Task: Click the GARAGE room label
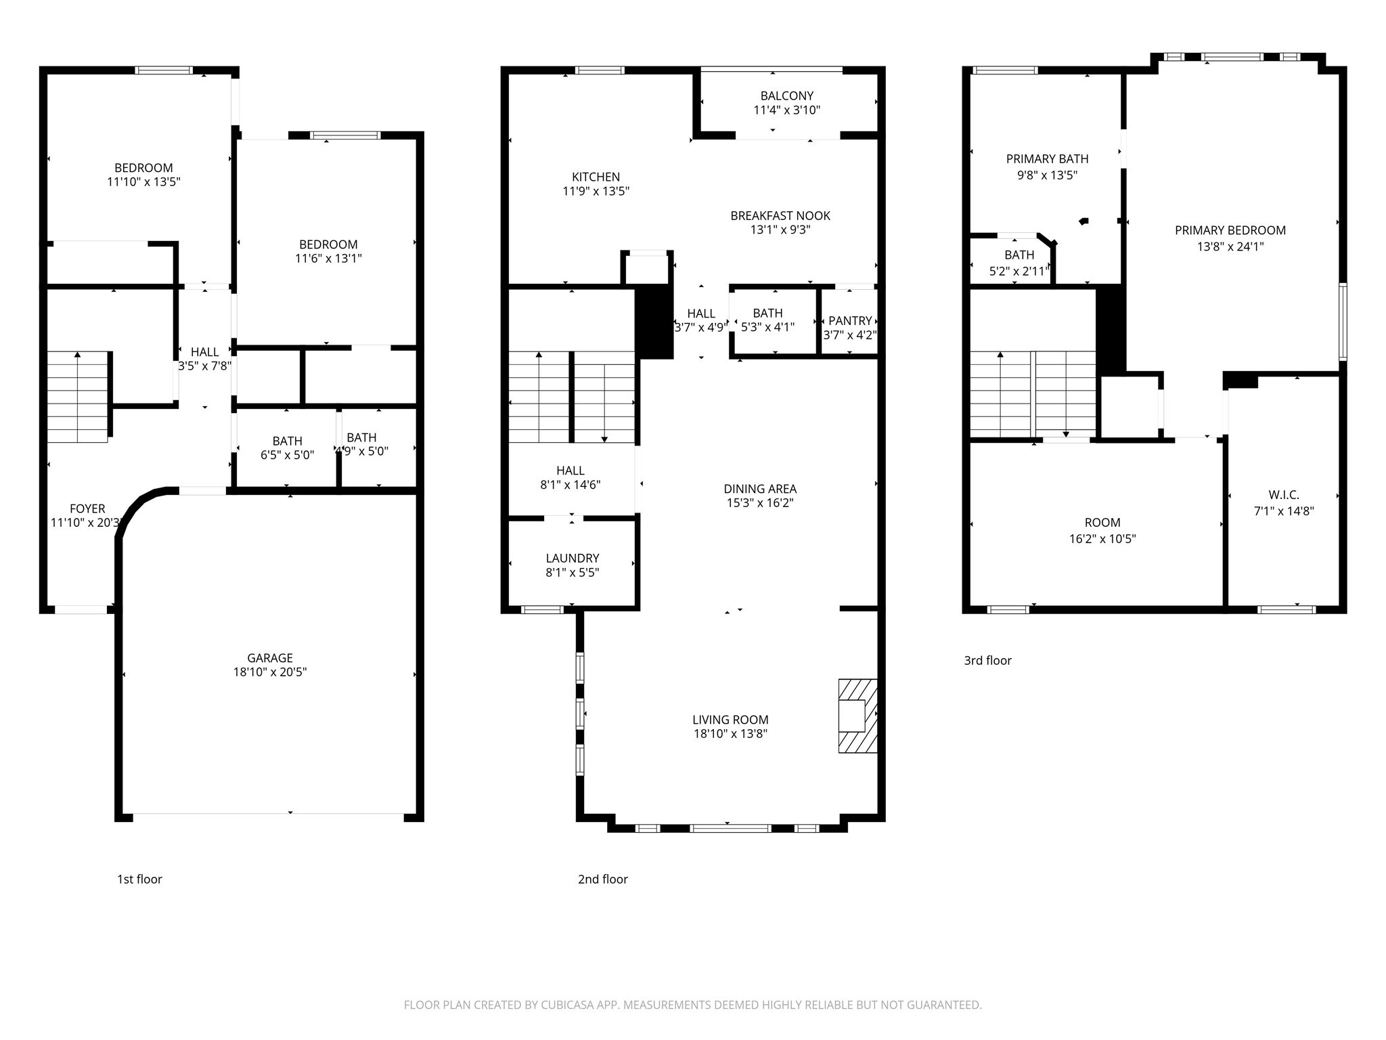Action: [270, 657]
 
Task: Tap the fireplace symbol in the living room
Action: [857, 716]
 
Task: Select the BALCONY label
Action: [786, 96]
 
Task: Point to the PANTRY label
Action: [850, 320]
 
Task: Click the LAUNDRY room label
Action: [573, 558]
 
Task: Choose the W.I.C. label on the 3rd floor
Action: [1283, 495]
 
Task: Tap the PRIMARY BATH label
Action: [1047, 159]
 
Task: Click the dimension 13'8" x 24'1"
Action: [1230, 246]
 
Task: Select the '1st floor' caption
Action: [139, 879]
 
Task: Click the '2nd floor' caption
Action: [602, 879]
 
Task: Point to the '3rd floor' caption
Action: [987, 660]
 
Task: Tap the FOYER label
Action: [87, 508]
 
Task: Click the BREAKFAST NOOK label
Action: [780, 216]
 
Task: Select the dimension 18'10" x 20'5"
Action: [270, 672]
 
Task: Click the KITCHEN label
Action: [596, 177]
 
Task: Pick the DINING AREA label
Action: [760, 489]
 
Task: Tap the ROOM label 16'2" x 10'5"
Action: [1102, 523]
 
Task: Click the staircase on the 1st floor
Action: [77, 397]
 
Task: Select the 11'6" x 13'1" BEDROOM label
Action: [328, 244]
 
